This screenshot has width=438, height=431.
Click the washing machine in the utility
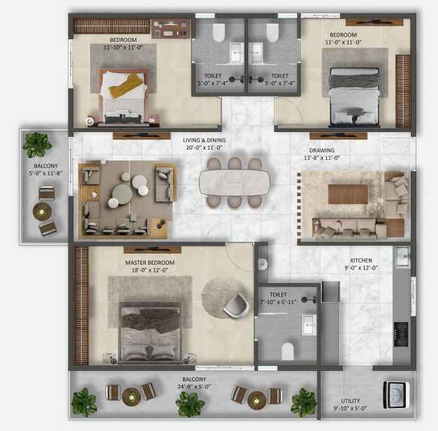[396, 395]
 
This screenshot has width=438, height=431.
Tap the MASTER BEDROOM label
[149, 263]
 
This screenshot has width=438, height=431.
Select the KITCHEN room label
[361, 261]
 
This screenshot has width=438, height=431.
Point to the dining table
[234, 182]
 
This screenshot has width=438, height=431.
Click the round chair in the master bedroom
[236, 305]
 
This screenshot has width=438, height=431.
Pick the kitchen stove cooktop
[401, 335]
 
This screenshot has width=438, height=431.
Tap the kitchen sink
[402, 256]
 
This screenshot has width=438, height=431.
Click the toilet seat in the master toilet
[287, 351]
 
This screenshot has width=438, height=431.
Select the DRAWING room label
[322, 150]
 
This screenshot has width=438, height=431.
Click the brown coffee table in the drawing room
[348, 194]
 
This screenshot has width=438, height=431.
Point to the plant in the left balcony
[37, 145]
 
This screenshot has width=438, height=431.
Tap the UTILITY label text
[350, 401]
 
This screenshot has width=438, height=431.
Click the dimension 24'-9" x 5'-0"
[194, 387]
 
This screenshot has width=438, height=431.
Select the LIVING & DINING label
[204, 140]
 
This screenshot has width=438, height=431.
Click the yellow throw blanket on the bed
[126, 85]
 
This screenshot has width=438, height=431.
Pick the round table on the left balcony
[42, 212]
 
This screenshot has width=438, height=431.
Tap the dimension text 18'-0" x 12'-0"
[149, 270]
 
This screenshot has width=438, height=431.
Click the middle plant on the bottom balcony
[190, 404]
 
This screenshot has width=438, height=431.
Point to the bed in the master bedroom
[150, 331]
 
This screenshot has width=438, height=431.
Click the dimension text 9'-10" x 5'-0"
[350, 408]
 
